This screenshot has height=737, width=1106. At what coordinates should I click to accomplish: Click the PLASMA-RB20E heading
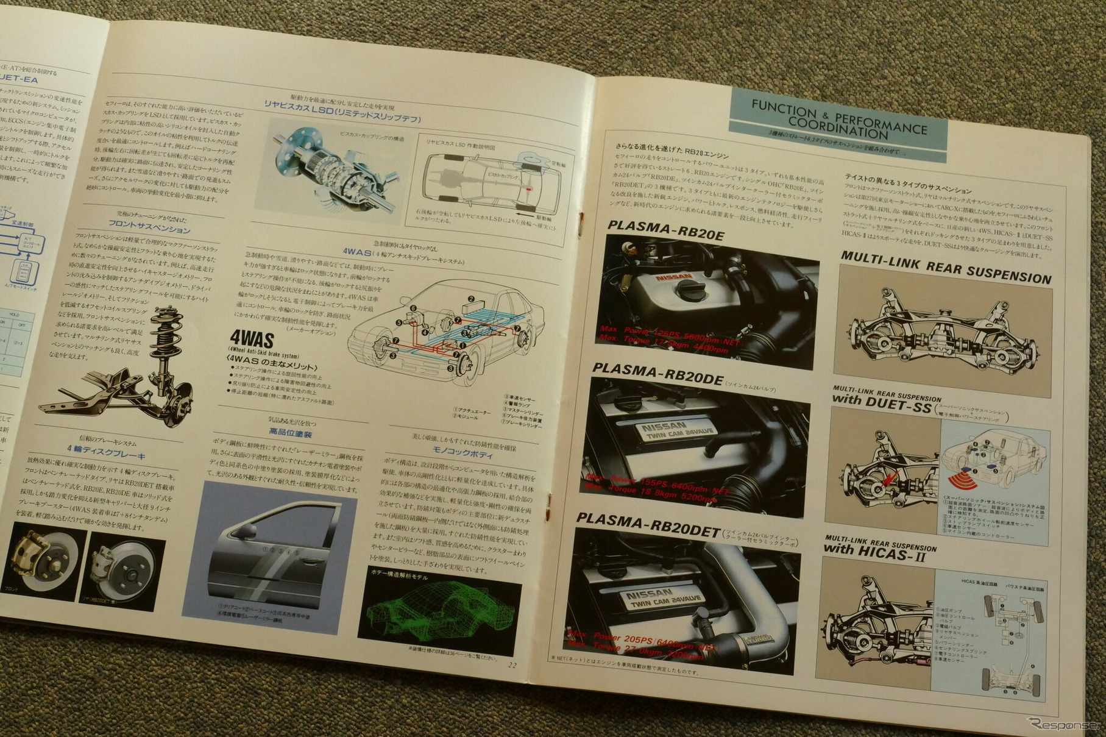tap(665, 231)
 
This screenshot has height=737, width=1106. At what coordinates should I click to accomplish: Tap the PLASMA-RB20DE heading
tap(657, 374)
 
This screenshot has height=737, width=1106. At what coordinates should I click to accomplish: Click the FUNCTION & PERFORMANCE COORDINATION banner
tap(838, 121)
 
